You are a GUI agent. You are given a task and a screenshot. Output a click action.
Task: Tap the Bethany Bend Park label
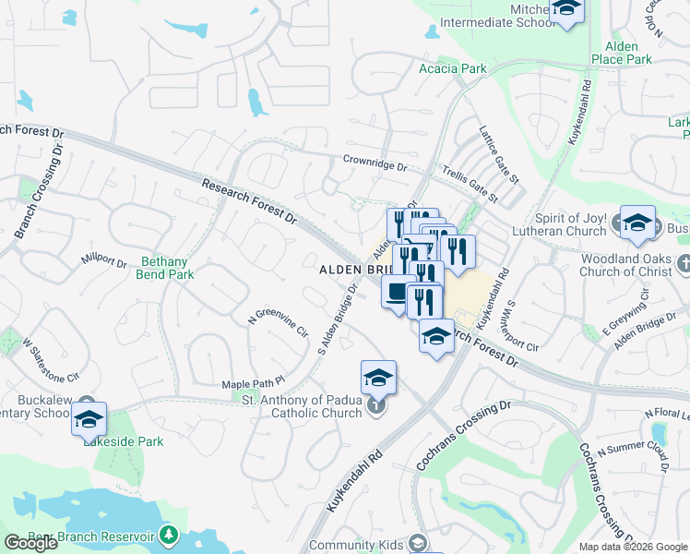[167, 268]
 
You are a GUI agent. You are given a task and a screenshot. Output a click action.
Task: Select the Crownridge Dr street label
[375, 163]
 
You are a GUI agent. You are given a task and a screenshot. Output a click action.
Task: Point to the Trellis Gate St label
[469, 183]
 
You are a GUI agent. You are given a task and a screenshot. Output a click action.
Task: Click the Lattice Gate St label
[499, 153]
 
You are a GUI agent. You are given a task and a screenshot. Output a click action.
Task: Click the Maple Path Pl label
[254, 383]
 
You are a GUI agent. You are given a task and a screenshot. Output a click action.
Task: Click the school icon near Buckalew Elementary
[89, 419]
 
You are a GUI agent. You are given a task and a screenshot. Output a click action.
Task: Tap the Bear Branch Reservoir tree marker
[168, 535]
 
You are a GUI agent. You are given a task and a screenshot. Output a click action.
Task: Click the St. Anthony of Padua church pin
[375, 405]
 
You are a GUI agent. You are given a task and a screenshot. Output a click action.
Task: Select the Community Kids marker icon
[418, 544]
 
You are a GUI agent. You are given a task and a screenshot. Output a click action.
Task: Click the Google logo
[30, 543]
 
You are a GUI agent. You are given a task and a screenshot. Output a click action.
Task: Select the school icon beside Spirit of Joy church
[636, 223]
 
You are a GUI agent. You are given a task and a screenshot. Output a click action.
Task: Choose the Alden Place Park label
[627, 53]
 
